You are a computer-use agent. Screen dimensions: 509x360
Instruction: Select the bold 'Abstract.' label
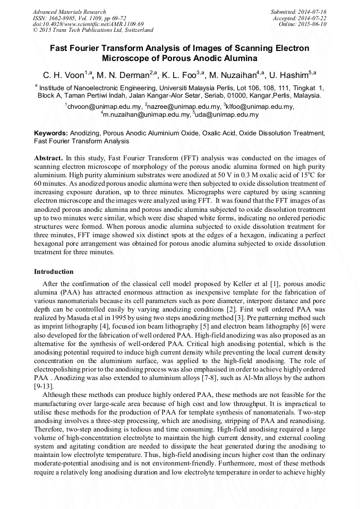[48, 158]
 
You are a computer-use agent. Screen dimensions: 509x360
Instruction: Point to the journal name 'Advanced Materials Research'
[69, 12]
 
